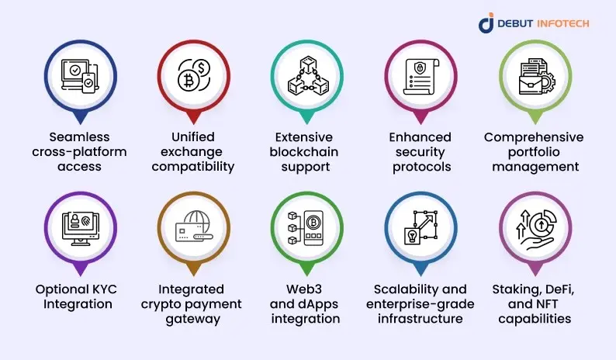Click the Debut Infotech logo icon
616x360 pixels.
tap(486, 23)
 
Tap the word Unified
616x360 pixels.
tap(191, 137)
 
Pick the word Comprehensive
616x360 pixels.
tap(534, 137)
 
